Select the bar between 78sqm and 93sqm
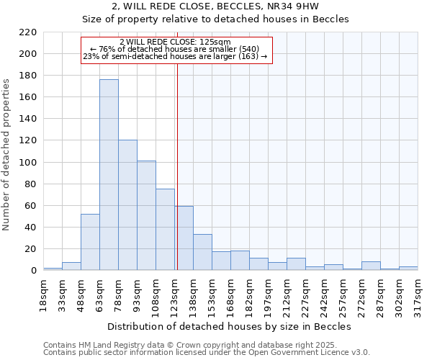(127, 205)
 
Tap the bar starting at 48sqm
(90, 242)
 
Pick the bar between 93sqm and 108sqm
(146, 215)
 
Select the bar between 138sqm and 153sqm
(202, 252)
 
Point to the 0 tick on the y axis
(33, 271)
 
